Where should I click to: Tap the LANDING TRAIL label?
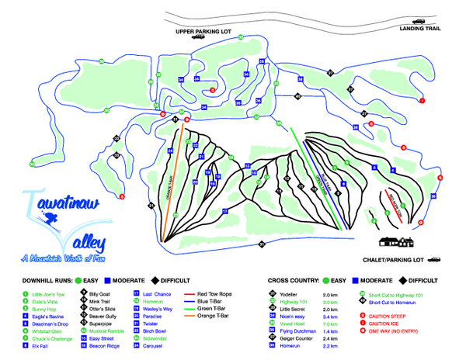click(419, 29)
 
